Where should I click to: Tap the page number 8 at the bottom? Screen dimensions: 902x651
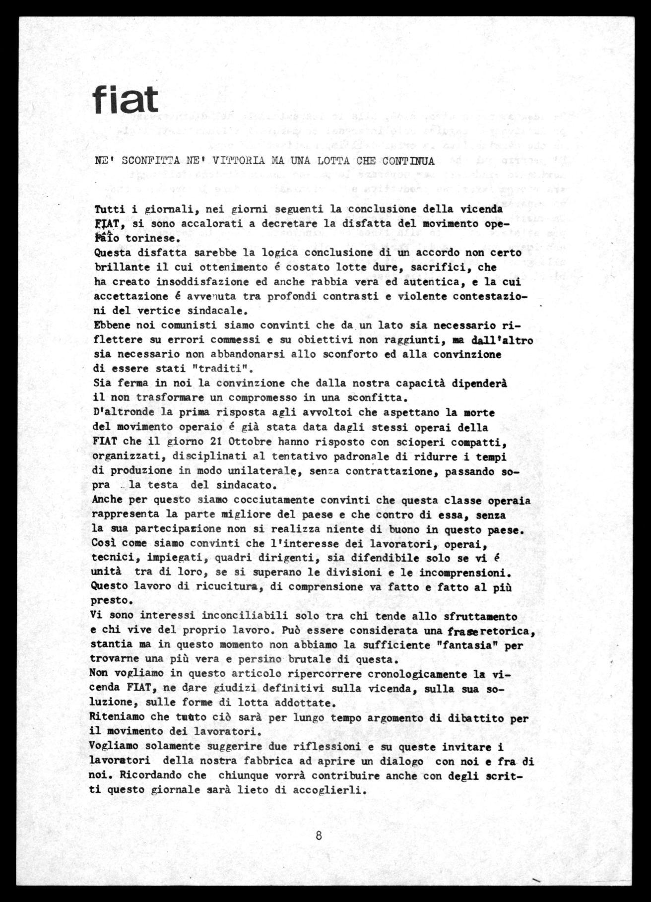point(319,835)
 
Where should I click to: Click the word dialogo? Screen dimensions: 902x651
point(398,761)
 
